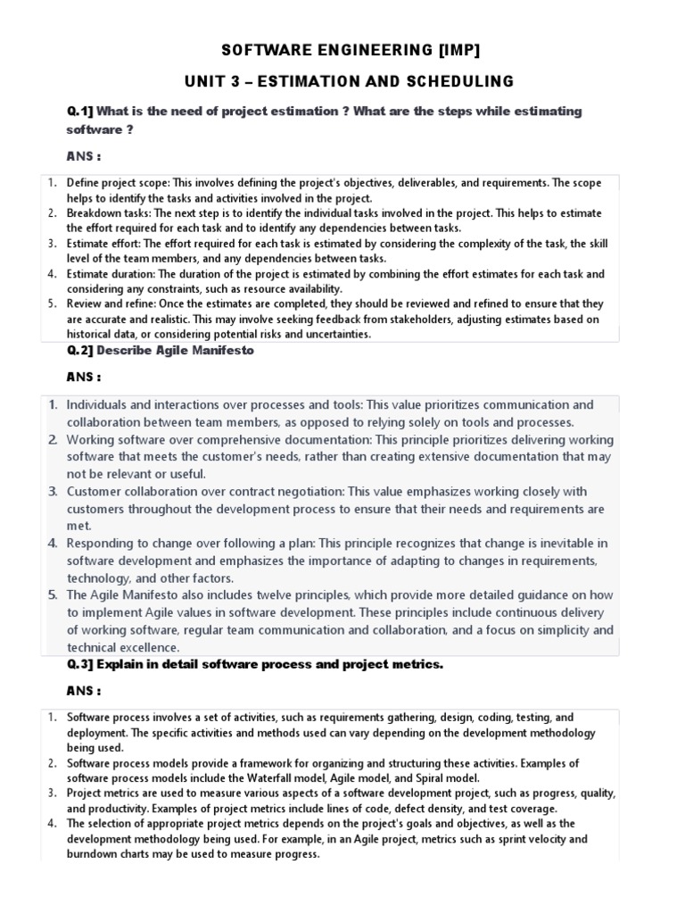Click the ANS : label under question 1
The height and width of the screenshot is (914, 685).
[84, 157]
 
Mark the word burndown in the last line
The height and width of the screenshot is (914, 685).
[94, 854]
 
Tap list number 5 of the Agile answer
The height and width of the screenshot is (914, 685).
[53, 595]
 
